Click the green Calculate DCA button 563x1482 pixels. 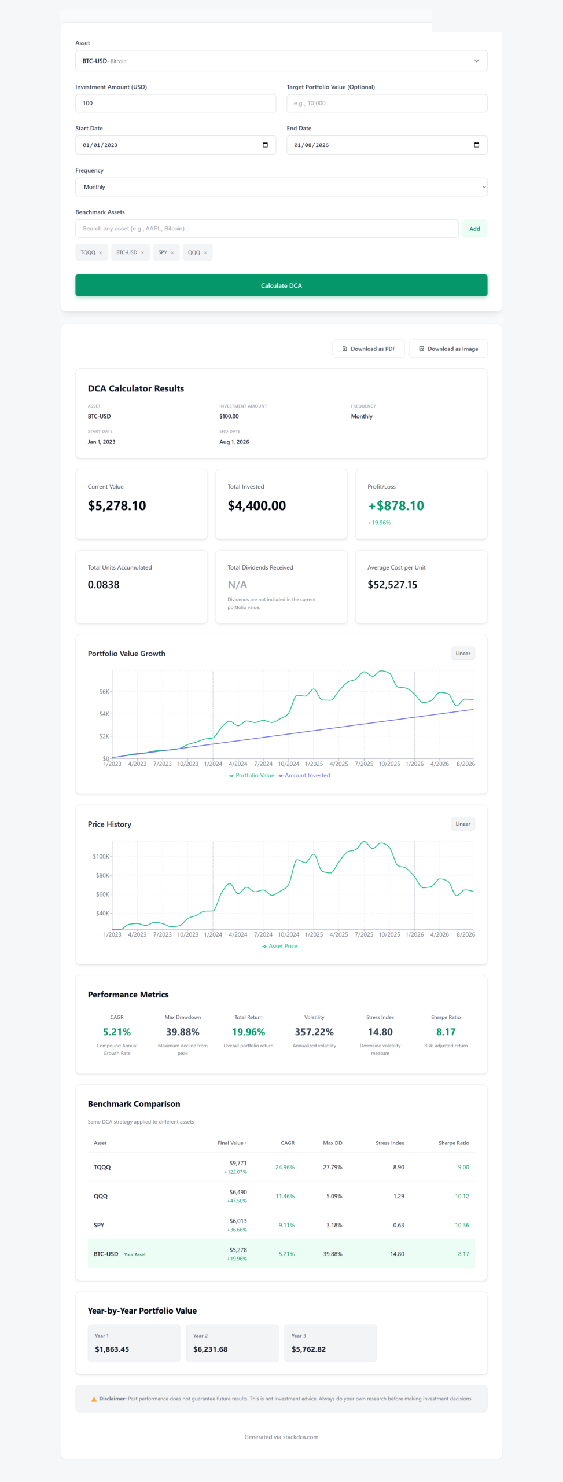click(x=281, y=285)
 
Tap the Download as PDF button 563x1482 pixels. click(x=369, y=349)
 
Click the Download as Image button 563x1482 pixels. click(x=448, y=349)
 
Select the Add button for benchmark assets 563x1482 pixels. click(x=474, y=229)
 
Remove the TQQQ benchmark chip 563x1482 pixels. click(x=101, y=253)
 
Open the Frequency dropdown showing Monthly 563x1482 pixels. click(x=281, y=187)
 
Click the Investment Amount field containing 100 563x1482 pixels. click(x=175, y=103)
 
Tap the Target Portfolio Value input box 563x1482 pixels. click(x=387, y=103)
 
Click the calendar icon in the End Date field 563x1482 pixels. click(x=477, y=145)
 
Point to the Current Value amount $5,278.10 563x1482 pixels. click(x=117, y=506)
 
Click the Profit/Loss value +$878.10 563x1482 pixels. click(x=396, y=506)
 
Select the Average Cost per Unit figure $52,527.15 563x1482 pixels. click(x=392, y=585)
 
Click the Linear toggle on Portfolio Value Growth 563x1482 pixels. click(x=463, y=654)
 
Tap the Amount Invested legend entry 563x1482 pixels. click(x=304, y=776)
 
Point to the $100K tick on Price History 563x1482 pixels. click(x=101, y=856)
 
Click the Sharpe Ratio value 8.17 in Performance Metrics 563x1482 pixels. click(x=446, y=1032)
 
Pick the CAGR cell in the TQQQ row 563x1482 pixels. click(x=285, y=1167)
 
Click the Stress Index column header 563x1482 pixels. click(x=390, y=1143)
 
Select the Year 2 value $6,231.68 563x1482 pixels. click(x=211, y=1349)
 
